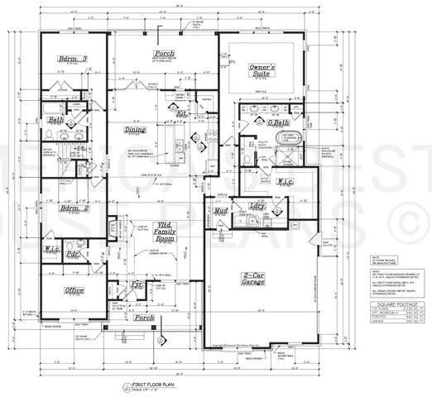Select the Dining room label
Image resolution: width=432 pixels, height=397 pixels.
[x=135, y=130]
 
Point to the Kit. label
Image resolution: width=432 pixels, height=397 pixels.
[x=182, y=114]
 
